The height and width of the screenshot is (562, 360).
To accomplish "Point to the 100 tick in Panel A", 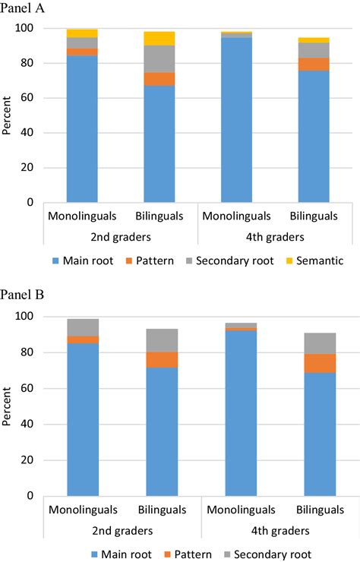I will (24, 29).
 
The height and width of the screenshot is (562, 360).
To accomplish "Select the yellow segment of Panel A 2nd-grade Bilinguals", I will (160, 38).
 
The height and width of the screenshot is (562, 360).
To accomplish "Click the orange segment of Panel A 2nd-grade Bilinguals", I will (160, 79).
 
